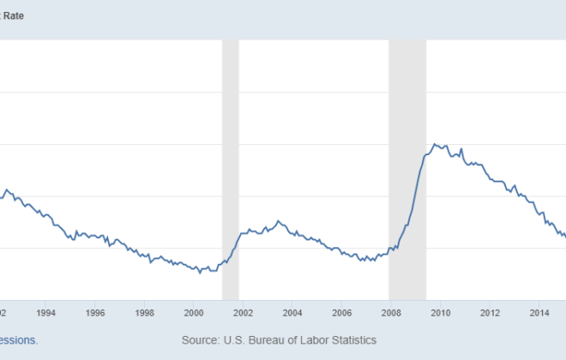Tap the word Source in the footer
pos(204,340)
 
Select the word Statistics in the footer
pos(349,340)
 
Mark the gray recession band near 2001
pos(230,171)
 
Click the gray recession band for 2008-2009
pos(407,171)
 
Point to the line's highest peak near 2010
pos(435,144)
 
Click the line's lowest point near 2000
pos(200,273)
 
